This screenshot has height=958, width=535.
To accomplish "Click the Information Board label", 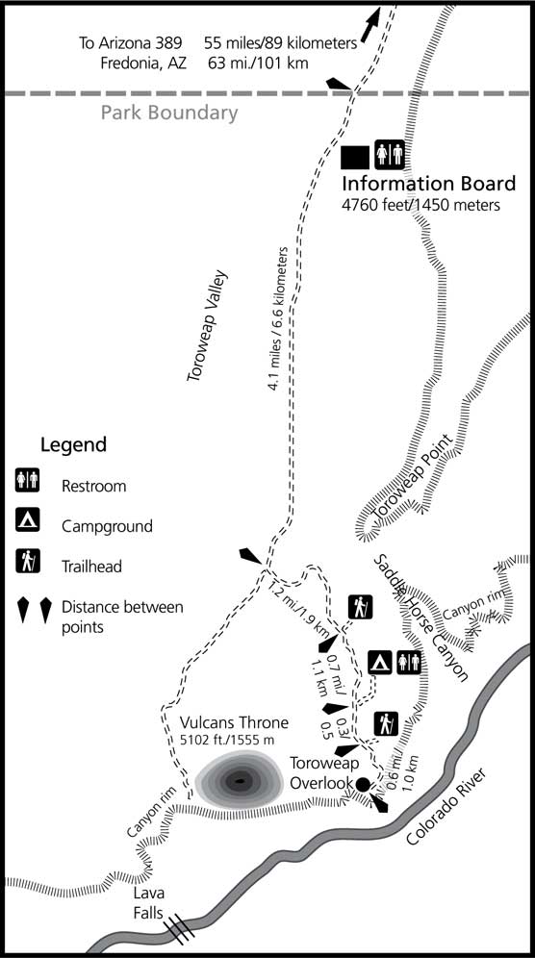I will click(429, 184).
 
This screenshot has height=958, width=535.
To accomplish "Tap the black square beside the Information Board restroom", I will click(355, 155).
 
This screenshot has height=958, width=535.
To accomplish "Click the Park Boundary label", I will click(169, 113).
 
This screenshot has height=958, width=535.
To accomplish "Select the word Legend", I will click(73, 445).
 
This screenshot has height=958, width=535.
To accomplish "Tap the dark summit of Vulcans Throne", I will click(237, 781).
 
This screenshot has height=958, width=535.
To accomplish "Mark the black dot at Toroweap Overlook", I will click(362, 784).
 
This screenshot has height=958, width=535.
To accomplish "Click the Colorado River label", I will click(448, 805).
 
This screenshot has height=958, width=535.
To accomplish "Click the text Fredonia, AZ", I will click(144, 63).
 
